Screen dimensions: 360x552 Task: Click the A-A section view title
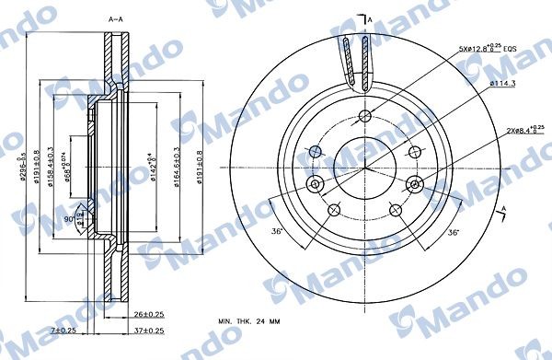[x=115, y=18]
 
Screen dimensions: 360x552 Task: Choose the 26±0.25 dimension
[x=144, y=314]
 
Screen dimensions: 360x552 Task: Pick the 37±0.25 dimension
[x=144, y=331]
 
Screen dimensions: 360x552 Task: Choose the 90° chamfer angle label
[x=72, y=219]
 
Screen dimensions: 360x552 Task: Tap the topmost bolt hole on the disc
[x=365, y=116]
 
